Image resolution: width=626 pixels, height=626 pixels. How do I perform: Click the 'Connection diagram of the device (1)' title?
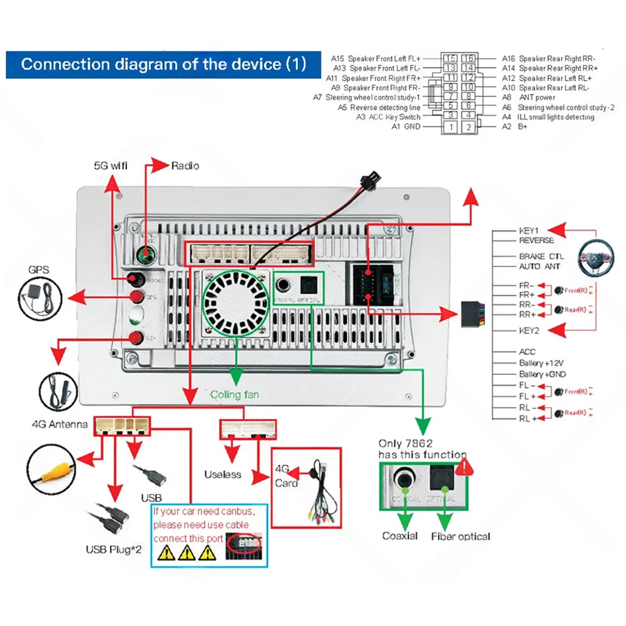click(163, 64)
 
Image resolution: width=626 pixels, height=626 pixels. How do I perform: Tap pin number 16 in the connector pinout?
click(468, 58)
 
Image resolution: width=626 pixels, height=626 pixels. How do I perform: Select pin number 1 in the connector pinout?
click(449, 127)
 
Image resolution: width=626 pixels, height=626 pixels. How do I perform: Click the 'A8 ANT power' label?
click(528, 98)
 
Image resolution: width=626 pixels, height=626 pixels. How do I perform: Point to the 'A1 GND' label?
click(406, 127)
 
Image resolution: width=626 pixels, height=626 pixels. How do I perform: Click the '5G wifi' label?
click(110, 166)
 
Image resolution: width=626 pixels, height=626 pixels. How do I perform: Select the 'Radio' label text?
click(185, 166)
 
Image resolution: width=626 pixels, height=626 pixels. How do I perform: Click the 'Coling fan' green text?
click(234, 395)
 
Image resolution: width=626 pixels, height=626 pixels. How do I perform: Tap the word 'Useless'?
click(222, 475)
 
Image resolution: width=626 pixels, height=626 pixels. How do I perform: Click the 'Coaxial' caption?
click(400, 536)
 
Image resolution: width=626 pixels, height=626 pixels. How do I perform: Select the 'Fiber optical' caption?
click(461, 536)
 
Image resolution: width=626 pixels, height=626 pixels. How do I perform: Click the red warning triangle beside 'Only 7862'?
click(464, 466)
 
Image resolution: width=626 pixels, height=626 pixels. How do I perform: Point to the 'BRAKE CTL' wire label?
click(541, 257)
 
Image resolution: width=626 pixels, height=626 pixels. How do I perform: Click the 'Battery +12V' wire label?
click(541, 363)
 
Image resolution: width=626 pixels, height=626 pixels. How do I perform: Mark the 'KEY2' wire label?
click(529, 330)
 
